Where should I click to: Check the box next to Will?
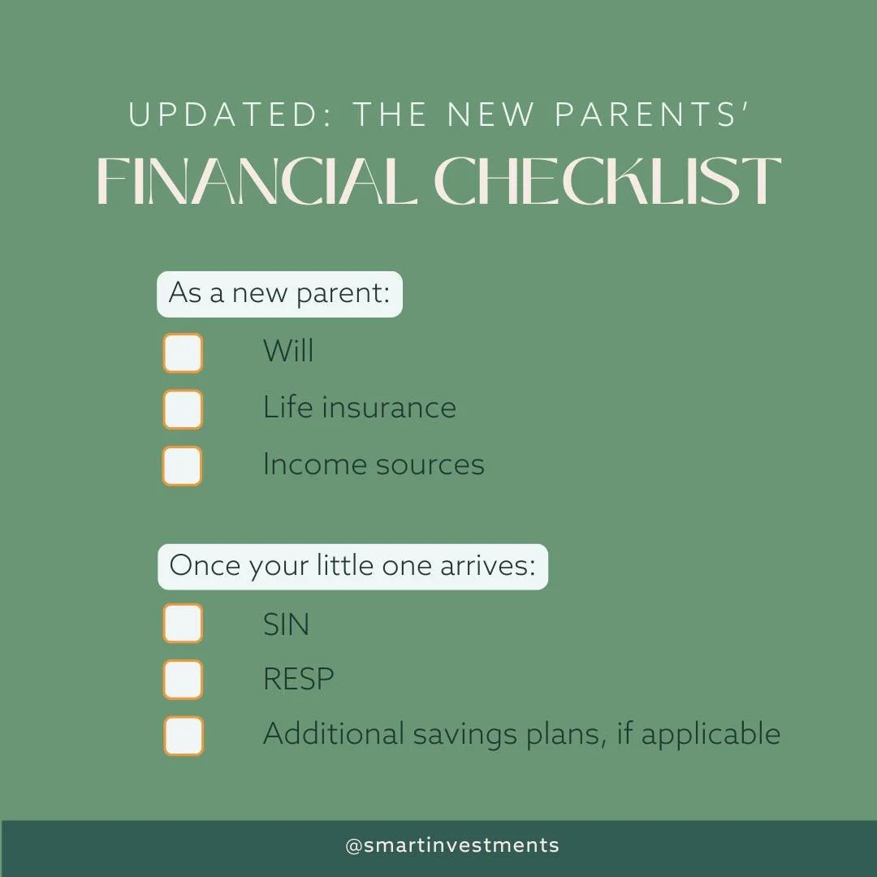182,353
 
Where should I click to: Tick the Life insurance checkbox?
182,409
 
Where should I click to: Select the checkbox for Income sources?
182,466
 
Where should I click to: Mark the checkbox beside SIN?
182,624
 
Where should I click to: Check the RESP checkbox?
182,680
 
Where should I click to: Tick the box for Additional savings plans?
182,736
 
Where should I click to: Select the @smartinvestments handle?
452,845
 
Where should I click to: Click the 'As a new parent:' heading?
279,294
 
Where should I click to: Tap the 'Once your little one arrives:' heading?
352,566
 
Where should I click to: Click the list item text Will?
287,352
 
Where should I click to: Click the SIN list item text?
286,624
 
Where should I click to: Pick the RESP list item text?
298,680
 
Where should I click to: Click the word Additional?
333,734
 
